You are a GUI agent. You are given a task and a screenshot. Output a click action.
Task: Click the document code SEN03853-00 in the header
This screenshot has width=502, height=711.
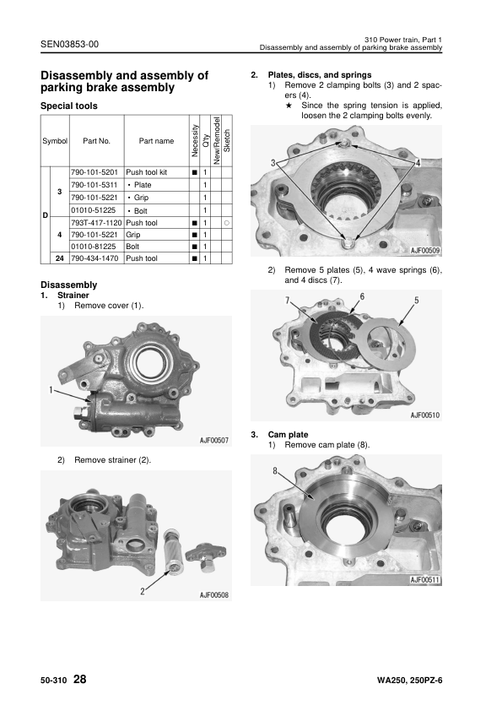point(69,44)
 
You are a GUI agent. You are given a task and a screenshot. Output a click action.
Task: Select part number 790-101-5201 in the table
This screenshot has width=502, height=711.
point(94,172)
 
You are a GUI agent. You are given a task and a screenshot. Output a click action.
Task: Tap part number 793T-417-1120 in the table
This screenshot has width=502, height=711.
point(96,223)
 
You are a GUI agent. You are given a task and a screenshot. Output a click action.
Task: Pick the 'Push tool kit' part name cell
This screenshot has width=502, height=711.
point(146,172)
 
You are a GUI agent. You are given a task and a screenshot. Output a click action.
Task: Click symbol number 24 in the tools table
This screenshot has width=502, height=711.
point(59,258)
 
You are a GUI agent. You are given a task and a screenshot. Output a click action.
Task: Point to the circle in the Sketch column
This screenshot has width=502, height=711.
point(227,223)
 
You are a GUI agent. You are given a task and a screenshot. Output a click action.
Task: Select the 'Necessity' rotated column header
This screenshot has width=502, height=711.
point(195,140)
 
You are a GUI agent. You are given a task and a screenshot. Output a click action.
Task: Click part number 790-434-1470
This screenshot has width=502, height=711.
point(94,258)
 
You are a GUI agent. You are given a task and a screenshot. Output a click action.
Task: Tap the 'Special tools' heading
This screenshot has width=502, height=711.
point(69,106)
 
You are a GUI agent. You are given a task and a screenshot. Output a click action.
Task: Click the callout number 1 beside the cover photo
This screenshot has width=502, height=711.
point(51,389)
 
